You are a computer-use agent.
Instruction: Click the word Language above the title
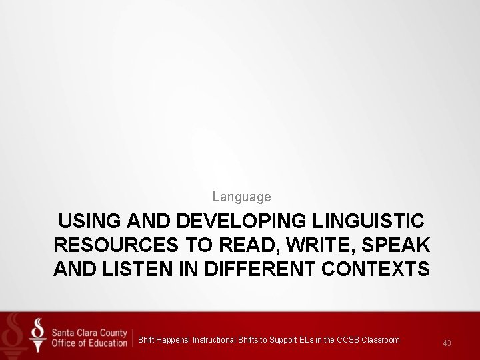point(241,197)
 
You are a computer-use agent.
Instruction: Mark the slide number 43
point(447,343)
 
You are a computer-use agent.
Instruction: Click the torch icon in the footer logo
point(39,335)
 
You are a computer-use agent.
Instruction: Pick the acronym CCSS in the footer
point(347,340)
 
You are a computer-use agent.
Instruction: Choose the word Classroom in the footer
point(381,340)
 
